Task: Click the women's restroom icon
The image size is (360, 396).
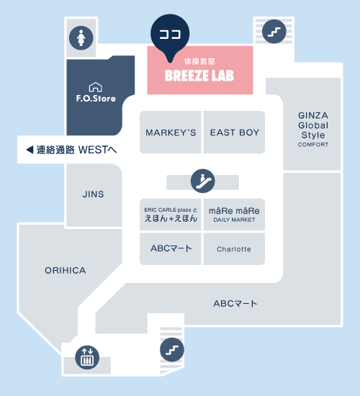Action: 81,38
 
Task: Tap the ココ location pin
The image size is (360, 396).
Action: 170,35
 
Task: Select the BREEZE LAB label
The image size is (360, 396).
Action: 199,76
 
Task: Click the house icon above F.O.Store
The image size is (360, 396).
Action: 96,87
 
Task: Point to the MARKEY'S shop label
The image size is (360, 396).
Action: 171,132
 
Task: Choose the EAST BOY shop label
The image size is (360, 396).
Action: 235,132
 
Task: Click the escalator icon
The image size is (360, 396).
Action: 203,181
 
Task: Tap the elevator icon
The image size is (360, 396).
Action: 87,357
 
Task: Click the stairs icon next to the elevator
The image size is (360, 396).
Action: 172,349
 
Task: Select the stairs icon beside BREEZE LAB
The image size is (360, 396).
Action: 274,32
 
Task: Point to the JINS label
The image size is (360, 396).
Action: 93,194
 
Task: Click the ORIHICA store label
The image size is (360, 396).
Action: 66,271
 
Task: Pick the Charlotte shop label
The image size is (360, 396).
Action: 234,249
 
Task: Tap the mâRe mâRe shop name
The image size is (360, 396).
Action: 234,211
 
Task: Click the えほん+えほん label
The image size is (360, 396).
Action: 171,218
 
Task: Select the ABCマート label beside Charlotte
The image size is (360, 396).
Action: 171,248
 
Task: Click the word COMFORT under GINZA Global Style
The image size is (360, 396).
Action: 313,145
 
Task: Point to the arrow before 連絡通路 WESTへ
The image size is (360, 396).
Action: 30,150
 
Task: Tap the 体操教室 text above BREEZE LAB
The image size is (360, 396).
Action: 199,61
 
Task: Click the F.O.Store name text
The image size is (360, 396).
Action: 96,98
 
